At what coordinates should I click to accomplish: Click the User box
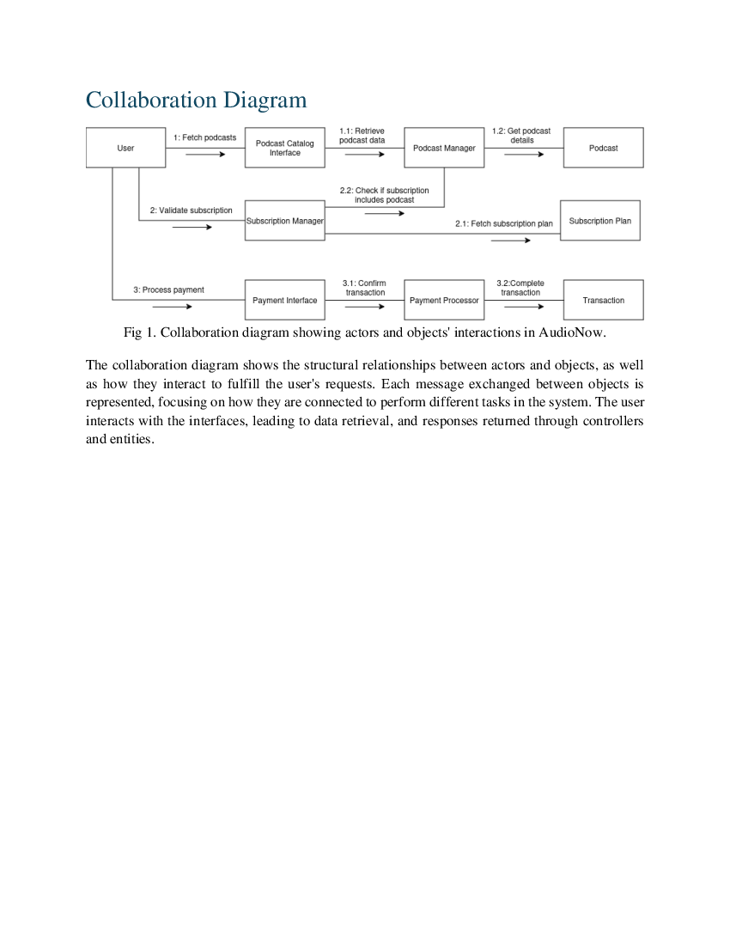point(125,148)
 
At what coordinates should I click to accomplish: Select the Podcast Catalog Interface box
point(285,148)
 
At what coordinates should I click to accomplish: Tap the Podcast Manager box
point(444,148)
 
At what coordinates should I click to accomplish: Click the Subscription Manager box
point(285,221)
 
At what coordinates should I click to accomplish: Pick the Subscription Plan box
point(599,221)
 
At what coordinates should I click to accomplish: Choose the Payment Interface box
point(285,301)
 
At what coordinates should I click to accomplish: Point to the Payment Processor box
point(444,301)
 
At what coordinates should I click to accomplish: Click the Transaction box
point(603,301)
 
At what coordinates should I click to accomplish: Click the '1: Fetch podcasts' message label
point(204,137)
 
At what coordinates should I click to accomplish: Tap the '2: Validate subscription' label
point(191,210)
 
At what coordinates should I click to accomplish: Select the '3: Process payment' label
point(168,290)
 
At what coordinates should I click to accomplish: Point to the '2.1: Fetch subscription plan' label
point(504,224)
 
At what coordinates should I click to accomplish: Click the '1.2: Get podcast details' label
point(521,136)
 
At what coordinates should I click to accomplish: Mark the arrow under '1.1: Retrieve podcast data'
point(365,155)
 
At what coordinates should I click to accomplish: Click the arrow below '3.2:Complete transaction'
point(524,307)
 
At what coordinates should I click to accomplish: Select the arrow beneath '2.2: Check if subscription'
point(384,213)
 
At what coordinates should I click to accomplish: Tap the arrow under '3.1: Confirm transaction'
point(365,307)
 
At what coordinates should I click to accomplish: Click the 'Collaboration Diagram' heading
point(196,101)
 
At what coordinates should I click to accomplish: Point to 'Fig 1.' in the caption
point(139,332)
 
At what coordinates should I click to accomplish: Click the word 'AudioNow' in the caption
point(575,332)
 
